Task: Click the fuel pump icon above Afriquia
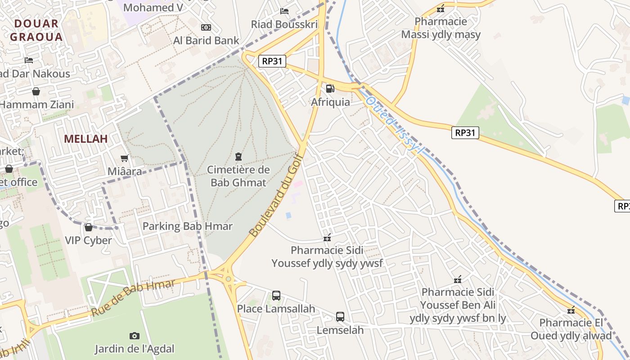330,89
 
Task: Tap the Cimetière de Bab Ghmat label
238,176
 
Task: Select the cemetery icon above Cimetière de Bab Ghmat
238,157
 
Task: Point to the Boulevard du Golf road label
274,200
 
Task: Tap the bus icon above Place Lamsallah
276,296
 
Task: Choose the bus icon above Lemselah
340,317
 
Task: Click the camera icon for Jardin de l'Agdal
134,336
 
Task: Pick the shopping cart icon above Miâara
125,158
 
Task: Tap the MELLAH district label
85,139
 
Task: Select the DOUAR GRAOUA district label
36,30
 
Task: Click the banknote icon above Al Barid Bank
206,27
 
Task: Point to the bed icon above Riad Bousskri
284,11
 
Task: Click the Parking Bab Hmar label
187,226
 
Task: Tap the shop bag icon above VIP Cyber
89,227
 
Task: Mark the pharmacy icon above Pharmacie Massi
441,9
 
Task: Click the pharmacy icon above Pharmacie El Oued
571,310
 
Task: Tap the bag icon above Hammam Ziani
36,92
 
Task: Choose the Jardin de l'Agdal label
134,349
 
